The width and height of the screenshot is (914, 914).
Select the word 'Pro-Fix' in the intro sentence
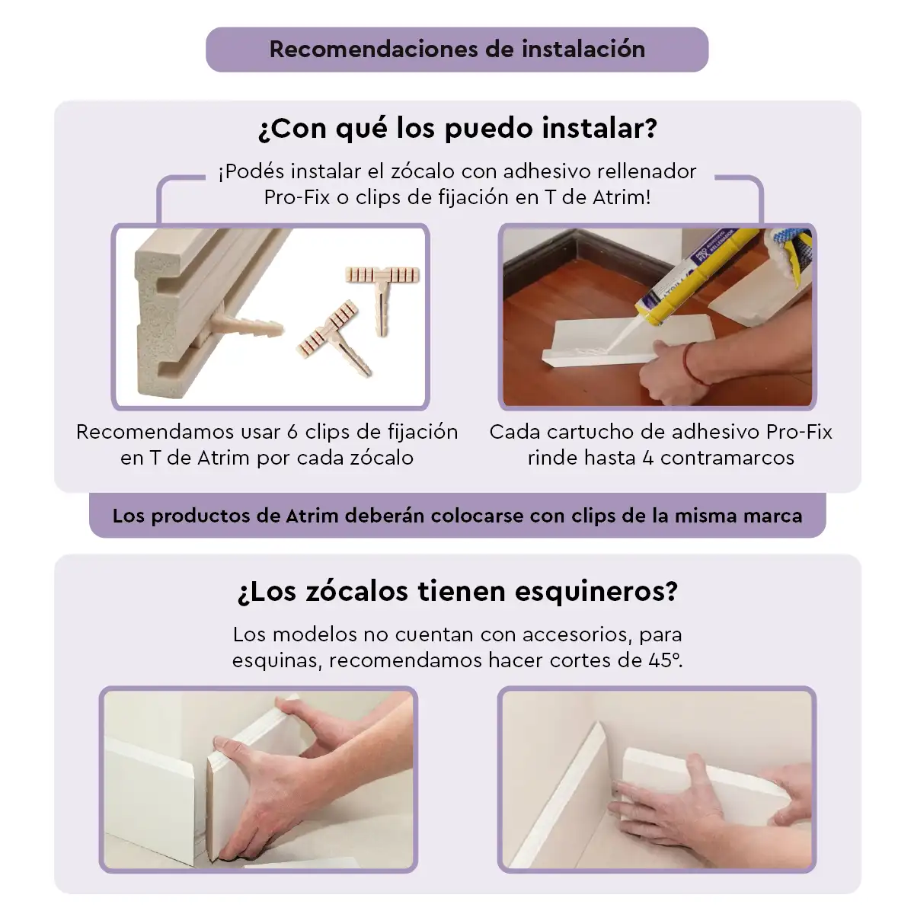297,197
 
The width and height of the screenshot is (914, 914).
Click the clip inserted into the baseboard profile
247,324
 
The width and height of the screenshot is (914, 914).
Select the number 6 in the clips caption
292,432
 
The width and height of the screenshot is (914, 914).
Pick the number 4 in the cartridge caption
648,459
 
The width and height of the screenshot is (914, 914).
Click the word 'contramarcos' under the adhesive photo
727,459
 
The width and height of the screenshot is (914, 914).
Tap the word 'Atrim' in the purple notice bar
312,516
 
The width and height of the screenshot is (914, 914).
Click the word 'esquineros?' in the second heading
596,592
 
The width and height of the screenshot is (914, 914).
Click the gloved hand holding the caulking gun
788,256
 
